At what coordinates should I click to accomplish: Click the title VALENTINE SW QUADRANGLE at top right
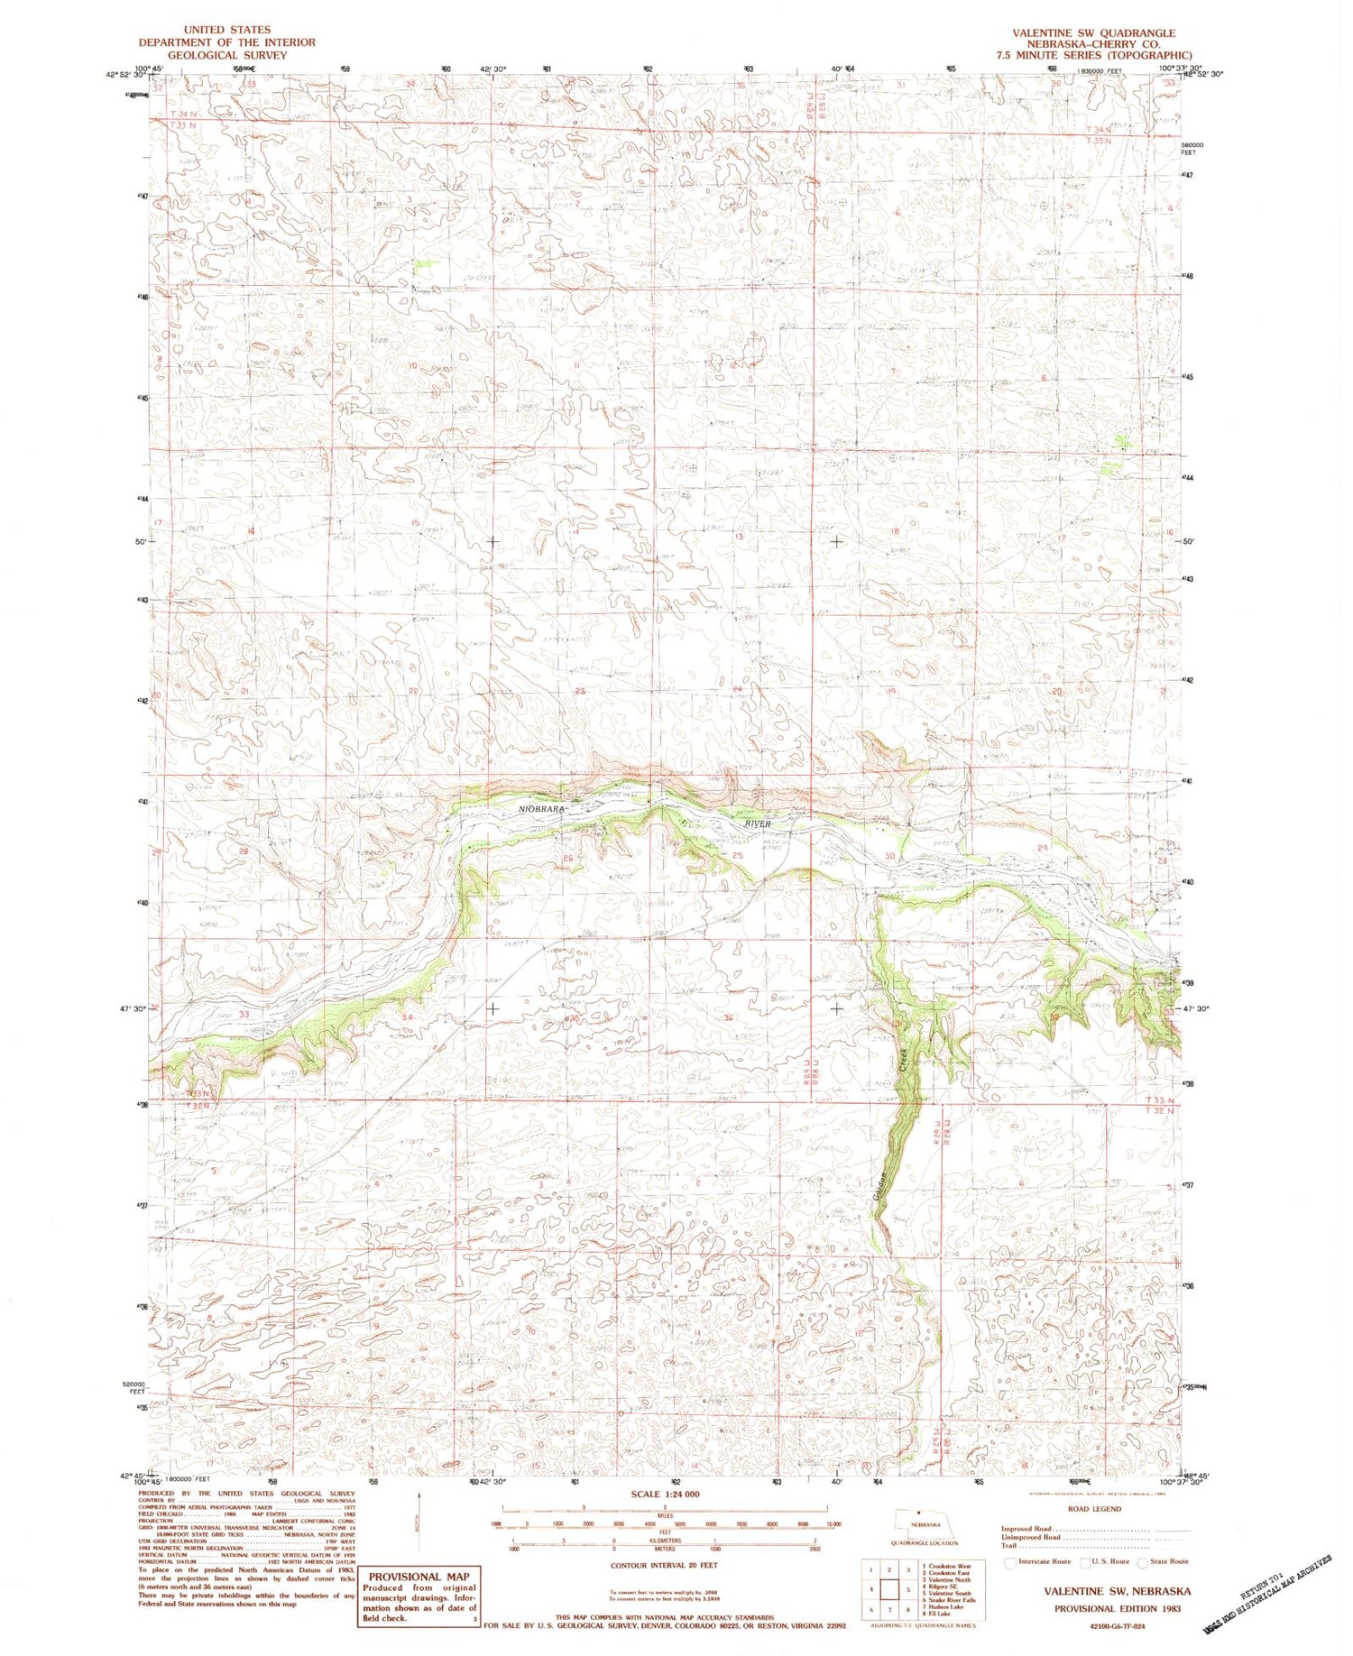click(x=1093, y=32)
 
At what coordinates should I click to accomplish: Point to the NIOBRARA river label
click(x=543, y=810)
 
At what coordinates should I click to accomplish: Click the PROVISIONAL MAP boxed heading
click(x=419, y=1577)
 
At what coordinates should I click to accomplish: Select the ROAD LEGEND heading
click(x=1094, y=1508)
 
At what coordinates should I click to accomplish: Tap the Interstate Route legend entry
click(x=1039, y=1561)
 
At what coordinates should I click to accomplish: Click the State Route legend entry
click(x=1167, y=1561)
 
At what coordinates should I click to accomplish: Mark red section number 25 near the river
click(x=737, y=855)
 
